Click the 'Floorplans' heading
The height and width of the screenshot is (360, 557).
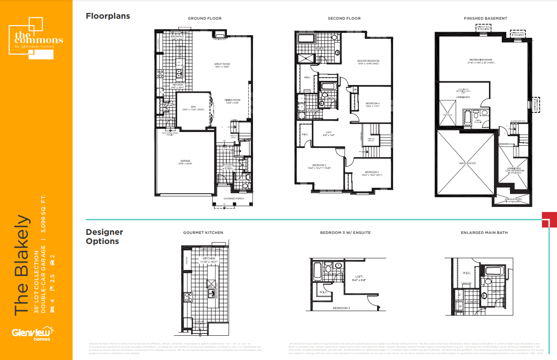[x=108, y=16]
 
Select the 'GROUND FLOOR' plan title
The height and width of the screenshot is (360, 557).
[x=205, y=19]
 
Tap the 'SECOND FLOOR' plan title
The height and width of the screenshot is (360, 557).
[x=344, y=19]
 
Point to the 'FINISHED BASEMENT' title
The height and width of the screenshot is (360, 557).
[x=485, y=19]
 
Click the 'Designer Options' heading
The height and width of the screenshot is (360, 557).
[x=105, y=237]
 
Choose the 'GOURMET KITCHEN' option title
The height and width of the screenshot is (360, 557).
[x=203, y=233]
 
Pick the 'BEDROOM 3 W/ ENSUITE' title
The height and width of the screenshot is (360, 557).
[x=345, y=233]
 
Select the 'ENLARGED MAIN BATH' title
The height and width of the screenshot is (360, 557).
[x=484, y=233]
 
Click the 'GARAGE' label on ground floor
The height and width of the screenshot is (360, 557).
[x=185, y=162]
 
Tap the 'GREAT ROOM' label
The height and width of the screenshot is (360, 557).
[x=222, y=65]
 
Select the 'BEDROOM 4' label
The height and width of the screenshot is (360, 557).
[x=373, y=104]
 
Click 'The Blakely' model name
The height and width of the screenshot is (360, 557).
[x=22, y=265]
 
